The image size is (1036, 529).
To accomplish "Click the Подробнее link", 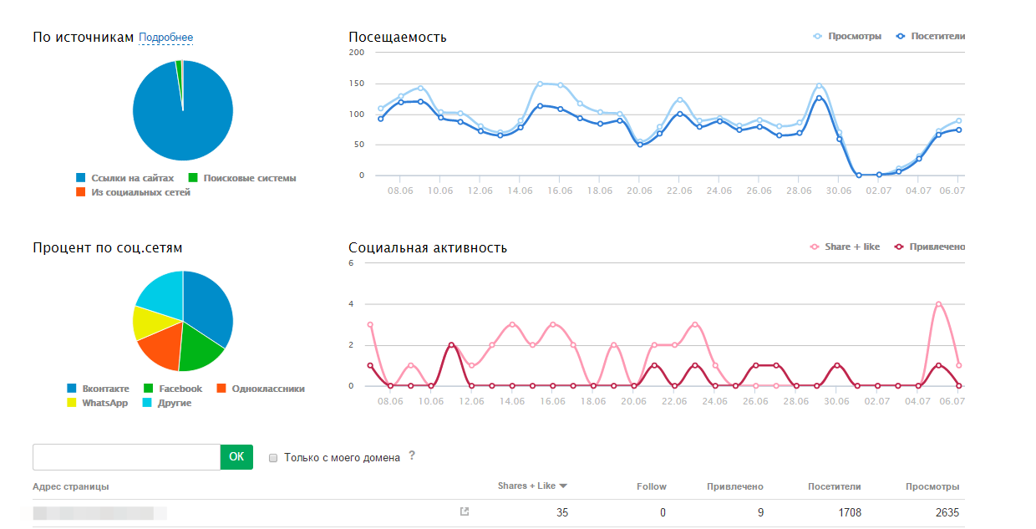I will [x=165, y=38].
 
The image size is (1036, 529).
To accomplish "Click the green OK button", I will [x=236, y=456].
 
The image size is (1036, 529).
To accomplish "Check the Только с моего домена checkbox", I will [x=273, y=458].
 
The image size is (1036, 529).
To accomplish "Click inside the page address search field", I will [x=125, y=456].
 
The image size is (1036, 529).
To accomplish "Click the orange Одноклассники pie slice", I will [x=160, y=346].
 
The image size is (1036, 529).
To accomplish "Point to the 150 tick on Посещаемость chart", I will [x=357, y=84].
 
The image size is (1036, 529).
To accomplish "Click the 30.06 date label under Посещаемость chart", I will [x=839, y=191].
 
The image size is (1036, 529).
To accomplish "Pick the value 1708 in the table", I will [x=848, y=512].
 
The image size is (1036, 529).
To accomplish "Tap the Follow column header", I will [x=652, y=486].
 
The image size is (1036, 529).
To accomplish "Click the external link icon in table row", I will [x=465, y=511].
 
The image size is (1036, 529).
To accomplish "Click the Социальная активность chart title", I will [x=428, y=248].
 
